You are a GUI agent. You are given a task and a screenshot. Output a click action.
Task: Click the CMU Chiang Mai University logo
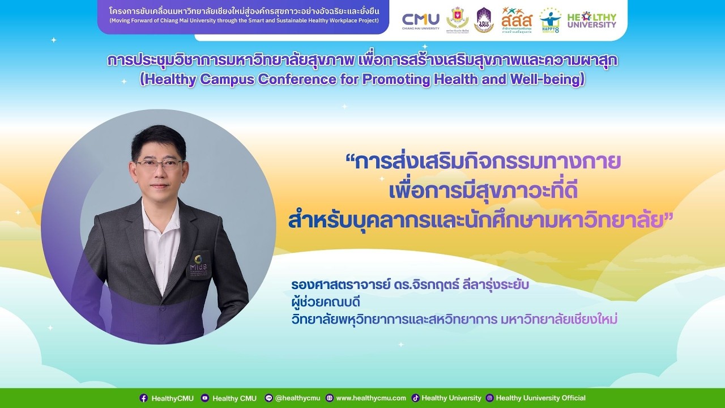click(x=420, y=20)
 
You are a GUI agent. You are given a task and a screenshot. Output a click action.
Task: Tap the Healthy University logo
click(x=591, y=20)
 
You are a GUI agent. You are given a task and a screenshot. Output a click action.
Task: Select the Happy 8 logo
click(x=549, y=20)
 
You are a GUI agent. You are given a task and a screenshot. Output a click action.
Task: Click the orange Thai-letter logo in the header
click(x=517, y=20)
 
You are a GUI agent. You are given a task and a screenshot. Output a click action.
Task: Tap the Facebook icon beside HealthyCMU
click(x=144, y=398)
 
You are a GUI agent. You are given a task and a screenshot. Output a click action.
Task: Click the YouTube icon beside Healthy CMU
click(x=205, y=398)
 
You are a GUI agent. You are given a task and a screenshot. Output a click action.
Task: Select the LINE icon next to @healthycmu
click(x=269, y=398)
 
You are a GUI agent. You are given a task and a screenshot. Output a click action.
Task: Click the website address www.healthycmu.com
click(x=371, y=398)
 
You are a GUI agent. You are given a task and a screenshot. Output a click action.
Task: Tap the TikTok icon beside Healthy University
click(x=415, y=398)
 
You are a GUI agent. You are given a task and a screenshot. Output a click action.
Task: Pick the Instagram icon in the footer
click(x=490, y=398)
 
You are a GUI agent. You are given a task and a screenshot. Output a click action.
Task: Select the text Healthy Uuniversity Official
click(x=540, y=398)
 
